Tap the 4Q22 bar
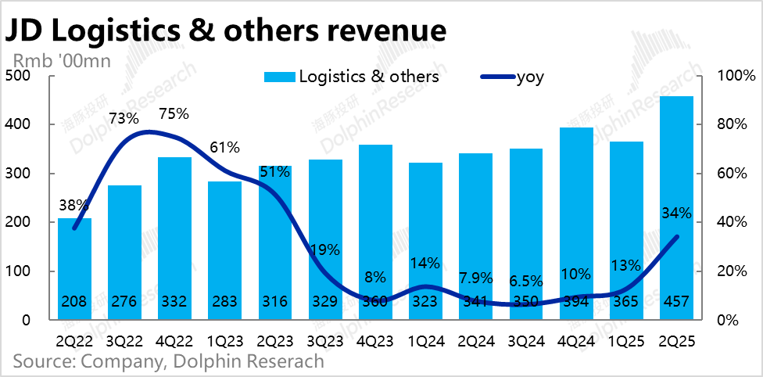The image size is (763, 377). pyautogui.click(x=174, y=235)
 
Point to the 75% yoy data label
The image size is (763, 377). pyautogui.click(x=174, y=113)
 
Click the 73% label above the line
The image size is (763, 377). pyautogui.click(x=124, y=119)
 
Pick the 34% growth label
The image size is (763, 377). pyautogui.click(x=677, y=213)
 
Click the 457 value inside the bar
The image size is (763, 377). pyautogui.click(x=677, y=301)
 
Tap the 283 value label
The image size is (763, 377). pyautogui.click(x=224, y=301)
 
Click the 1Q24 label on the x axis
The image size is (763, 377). pyautogui.click(x=425, y=341)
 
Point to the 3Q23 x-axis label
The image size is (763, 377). pyautogui.click(x=325, y=341)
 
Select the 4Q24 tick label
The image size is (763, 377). pyautogui.click(x=577, y=341)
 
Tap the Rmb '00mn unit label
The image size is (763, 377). pyautogui.click(x=61, y=59)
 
